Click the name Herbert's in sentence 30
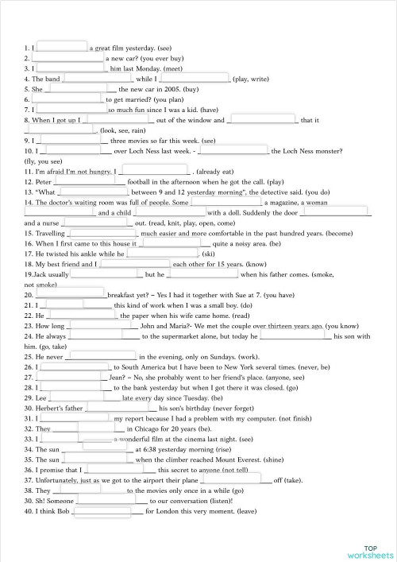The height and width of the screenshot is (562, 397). [x=54, y=408]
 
